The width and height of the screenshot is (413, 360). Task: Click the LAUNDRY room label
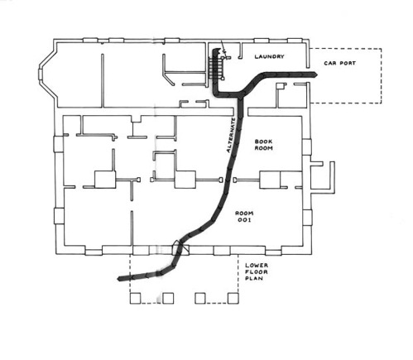pyautogui.click(x=269, y=56)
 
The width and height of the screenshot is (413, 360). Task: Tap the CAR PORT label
pyautogui.click(x=339, y=63)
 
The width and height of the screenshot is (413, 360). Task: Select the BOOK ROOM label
pyautogui.click(x=263, y=145)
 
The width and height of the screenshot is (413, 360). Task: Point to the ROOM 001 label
pyautogui.click(x=244, y=217)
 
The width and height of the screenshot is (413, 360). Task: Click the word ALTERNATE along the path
pyautogui.click(x=231, y=136)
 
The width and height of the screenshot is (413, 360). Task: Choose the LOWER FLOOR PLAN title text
pyautogui.click(x=257, y=271)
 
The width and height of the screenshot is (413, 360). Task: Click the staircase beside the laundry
pyautogui.click(x=216, y=66)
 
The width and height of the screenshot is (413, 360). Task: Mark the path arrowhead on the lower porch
pyautogui.click(x=120, y=279)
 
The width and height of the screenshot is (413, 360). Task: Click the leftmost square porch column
pyautogui.click(x=135, y=299)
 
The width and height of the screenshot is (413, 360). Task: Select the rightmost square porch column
pyautogui.click(x=233, y=299)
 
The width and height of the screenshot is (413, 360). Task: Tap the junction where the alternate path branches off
pyautogui.click(x=241, y=96)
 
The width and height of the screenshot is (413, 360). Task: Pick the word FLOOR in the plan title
pyautogui.click(x=257, y=271)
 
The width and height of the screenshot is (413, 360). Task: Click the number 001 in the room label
pyautogui.click(x=244, y=220)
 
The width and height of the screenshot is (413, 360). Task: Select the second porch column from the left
pyautogui.click(x=168, y=299)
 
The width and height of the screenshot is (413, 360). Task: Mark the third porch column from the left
pyautogui.click(x=200, y=299)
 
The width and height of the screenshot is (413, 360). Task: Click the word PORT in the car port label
pyautogui.click(x=348, y=63)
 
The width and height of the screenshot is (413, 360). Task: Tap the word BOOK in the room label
pyautogui.click(x=263, y=142)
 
